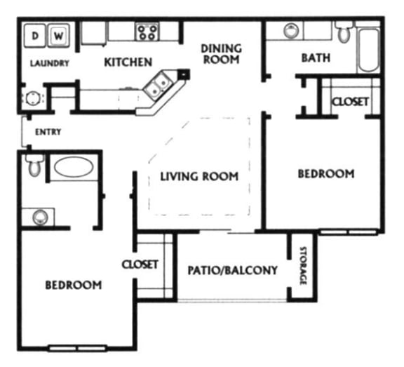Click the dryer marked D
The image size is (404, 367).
35,35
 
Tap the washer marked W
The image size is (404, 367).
59,35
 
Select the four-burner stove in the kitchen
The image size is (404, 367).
147,32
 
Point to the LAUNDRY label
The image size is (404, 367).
50,63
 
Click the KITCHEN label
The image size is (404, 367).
128,62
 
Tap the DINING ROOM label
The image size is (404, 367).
222,54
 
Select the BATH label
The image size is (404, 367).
316,58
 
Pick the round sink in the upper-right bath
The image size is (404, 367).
291,30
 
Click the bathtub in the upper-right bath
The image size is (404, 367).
368,51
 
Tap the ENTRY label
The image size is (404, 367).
48,132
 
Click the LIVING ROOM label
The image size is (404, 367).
199,177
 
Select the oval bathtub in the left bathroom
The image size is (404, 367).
74,167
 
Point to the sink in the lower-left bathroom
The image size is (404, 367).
40,217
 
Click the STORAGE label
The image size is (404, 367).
303,266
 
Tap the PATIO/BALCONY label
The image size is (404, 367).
233,270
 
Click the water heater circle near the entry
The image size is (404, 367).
33,98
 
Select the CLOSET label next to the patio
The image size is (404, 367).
140,265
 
